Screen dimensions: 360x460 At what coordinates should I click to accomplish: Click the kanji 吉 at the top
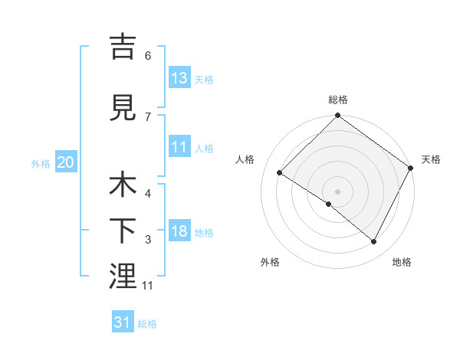tap(123, 47)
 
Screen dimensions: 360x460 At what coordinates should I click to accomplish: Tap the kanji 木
tap(123, 186)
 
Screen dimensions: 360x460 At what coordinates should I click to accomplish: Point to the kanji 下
tap(123, 229)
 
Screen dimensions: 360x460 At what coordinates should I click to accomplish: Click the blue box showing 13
tap(179, 78)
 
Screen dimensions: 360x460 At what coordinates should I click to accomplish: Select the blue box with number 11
tap(179, 148)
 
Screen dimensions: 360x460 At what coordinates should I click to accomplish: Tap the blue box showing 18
tap(179, 232)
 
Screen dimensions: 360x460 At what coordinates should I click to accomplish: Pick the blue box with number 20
tap(66, 162)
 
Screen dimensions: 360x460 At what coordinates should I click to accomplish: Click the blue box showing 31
tap(123, 323)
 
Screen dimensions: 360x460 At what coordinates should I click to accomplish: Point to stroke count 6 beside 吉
tap(148, 56)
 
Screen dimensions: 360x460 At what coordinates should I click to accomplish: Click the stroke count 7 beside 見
tap(148, 116)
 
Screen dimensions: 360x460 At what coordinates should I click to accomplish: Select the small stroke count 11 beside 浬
tap(149, 286)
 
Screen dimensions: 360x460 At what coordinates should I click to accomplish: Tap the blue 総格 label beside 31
tap(147, 324)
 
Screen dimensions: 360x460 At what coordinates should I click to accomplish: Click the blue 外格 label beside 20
tap(41, 163)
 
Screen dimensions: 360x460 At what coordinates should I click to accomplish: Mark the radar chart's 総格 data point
tap(337, 116)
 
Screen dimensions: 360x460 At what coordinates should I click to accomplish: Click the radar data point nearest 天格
tap(409, 168)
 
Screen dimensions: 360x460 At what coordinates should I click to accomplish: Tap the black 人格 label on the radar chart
tap(246, 159)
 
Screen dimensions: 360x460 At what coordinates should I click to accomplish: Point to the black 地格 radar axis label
tap(402, 262)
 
